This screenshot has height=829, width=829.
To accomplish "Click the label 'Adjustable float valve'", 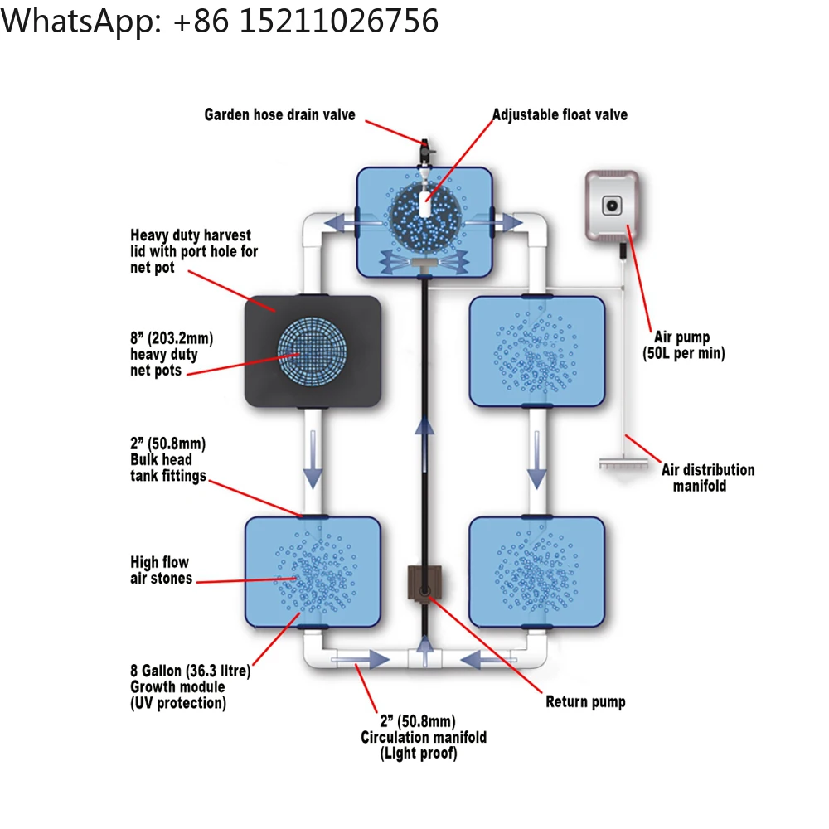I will tap(560, 115).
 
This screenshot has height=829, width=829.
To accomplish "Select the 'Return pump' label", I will tap(585, 702).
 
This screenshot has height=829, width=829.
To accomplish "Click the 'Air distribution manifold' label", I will tap(707, 478).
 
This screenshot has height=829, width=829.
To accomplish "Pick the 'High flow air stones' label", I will tap(161, 570).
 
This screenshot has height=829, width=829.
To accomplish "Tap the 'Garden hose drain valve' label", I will tap(279, 114).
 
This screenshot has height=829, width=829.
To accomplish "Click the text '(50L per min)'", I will tap(685, 353).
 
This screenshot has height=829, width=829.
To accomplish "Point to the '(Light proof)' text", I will tap(419, 754).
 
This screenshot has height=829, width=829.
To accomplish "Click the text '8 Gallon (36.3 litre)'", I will tap(190, 670).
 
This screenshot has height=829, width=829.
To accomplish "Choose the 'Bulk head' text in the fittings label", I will tap(161, 459).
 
